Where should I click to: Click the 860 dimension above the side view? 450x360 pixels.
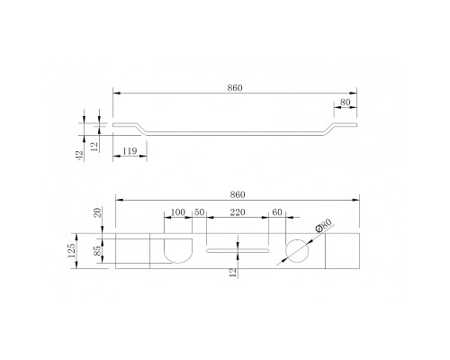point(235,88)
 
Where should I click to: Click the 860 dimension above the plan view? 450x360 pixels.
point(238,194)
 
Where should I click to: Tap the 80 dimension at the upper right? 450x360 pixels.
point(345,103)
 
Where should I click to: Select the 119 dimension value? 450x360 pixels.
point(130,151)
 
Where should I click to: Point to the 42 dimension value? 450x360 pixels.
point(80,155)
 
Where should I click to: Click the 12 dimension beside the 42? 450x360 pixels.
point(94,147)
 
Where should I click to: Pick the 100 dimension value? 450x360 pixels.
point(178,212)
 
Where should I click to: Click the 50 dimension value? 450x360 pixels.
point(199,212)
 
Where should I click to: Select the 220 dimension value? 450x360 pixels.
point(238,212)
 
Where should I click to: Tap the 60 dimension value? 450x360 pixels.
point(277,212)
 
